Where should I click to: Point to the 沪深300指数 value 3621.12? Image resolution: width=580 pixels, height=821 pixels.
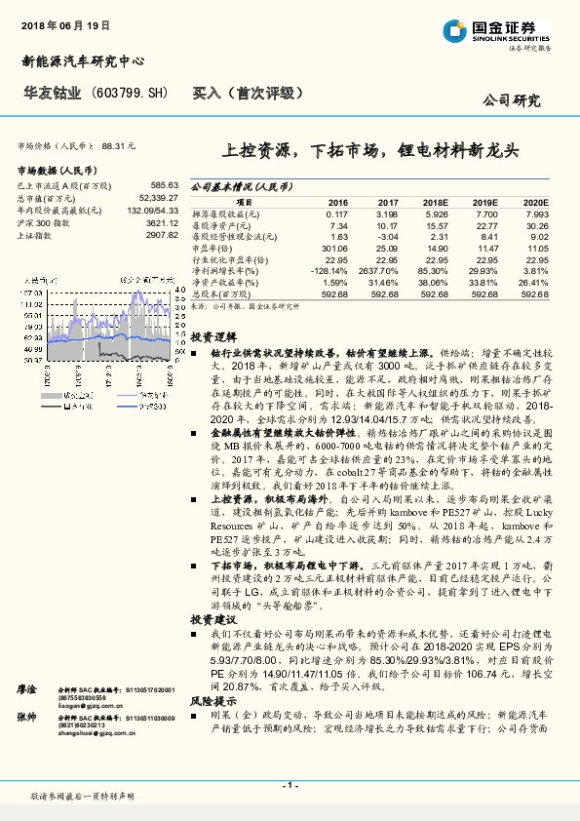tap(161, 222)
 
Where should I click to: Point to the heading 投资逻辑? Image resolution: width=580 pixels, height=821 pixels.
tap(208, 333)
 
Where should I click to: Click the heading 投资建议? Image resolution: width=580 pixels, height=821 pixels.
tap(208, 620)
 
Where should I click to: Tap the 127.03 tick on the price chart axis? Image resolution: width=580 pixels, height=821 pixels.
tap(29, 291)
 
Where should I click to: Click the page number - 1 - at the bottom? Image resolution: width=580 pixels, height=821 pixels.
tap(290, 785)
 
